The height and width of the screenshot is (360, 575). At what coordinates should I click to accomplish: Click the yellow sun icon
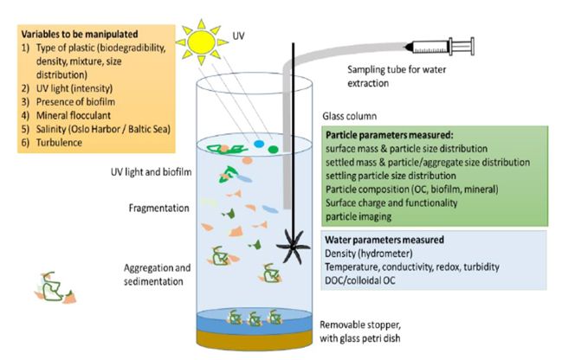(x=201, y=42)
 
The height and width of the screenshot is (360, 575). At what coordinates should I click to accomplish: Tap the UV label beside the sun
(x=238, y=36)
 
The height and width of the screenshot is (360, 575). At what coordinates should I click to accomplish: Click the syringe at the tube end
(x=439, y=47)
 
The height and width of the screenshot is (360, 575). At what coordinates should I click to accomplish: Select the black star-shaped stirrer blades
(x=294, y=247)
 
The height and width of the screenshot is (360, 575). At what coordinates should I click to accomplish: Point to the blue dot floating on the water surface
(x=259, y=144)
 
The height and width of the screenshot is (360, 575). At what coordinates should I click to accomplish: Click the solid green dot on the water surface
(x=273, y=149)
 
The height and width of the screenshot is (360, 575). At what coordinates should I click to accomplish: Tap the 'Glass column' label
(x=350, y=116)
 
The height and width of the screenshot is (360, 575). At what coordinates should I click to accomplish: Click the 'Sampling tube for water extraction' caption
(x=397, y=76)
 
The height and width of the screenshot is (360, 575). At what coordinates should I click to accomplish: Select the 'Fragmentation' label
(x=158, y=208)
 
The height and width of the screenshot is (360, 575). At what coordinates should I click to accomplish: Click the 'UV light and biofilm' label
(x=151, y=172)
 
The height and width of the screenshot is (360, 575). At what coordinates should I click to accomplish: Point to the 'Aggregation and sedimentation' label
(x=157, y=274)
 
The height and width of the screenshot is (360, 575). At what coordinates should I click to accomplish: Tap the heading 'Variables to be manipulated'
(x=80, y=34)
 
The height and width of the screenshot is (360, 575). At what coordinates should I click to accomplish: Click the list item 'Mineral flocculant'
(x=74, y=115)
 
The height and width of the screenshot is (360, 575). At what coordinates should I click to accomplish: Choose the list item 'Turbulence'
(x=59, y=142)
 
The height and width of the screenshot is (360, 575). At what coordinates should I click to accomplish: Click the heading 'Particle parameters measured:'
(x=390, y=135)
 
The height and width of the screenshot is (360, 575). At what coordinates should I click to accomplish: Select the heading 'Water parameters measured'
(x=384, y=240)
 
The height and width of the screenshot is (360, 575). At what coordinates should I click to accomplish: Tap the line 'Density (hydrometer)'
(x=369, y=254)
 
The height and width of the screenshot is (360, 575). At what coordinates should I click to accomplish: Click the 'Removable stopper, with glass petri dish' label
(x=360, y=331)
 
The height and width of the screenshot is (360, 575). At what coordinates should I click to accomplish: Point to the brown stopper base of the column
(x=255, y=340)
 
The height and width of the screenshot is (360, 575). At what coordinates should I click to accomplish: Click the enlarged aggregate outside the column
(x=55, y=288)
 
